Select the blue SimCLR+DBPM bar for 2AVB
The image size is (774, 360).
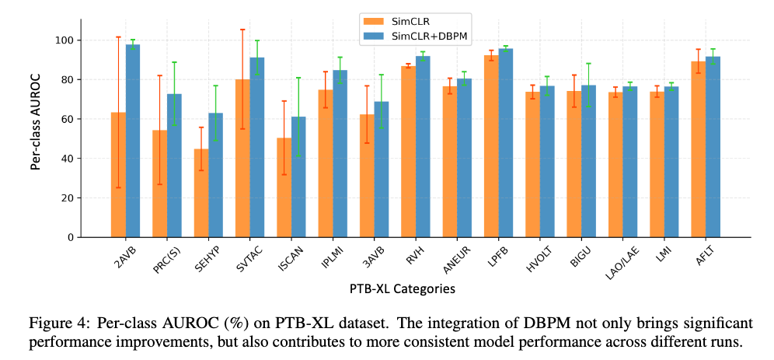click(x=133, y=141)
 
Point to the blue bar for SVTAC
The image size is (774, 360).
click(x=257, y=148)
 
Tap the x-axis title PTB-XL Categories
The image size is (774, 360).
click(x=401, y=289)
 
